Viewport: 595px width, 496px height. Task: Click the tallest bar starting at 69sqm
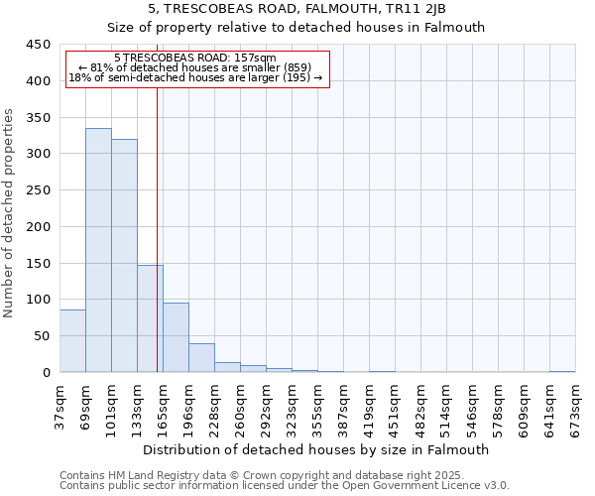pyautogui.click(x=98, y=250)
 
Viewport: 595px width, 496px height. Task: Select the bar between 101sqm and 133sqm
pyautogui.click(x=124, y=256)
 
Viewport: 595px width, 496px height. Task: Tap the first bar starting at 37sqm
pyautogui.click(x=72, y=341)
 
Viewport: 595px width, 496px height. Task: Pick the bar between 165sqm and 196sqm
pyautogui.click(x=176, y=337)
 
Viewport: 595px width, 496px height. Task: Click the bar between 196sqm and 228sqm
pyautogui.click(x=201, y=358)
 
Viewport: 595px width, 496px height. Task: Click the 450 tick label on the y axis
pyautogui.click(x=37, y=45)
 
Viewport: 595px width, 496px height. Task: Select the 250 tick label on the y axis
pyautogui.click(x=37, y=190)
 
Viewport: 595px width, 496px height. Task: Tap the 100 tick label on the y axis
pyautogui.click(x=37, y=300)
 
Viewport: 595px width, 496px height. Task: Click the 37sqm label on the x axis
pyautogui.click(x=59, y=406)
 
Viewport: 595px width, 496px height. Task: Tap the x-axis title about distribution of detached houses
pyautogui.click(x=316, y=449)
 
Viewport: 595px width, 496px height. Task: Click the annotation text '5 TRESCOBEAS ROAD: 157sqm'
pyautogui.click(x=195, y=59)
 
